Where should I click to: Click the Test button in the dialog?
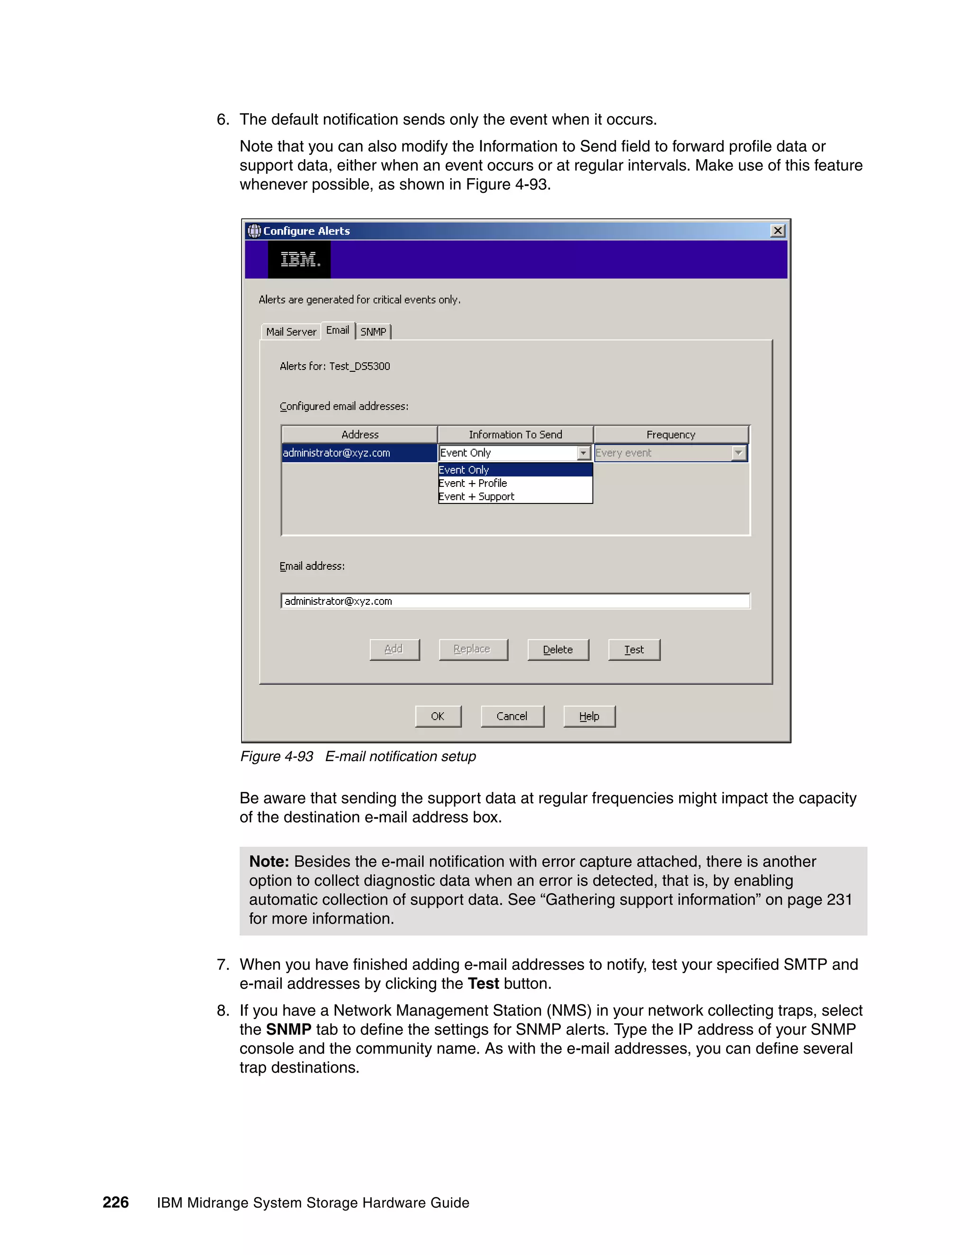point(634,649)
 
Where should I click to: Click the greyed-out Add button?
point(394,649)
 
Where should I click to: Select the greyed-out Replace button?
point(473,649)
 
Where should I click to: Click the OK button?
point(438,716)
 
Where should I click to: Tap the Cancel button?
point(512,716)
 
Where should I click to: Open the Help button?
point(589,716)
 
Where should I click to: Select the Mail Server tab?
point(291,332)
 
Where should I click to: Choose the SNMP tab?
point(373,332)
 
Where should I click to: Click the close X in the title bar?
point(778,231)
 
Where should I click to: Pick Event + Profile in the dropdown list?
point(473,483)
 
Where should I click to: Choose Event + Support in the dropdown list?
point(476,496)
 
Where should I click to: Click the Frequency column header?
point(671,434)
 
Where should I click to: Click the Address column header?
point(360,434)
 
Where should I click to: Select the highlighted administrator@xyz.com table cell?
point(359,453)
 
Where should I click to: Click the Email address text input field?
point(515,601)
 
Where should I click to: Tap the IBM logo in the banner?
point(299,260)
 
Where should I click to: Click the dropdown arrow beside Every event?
point(738,453)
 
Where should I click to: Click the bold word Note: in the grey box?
point(269,861)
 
